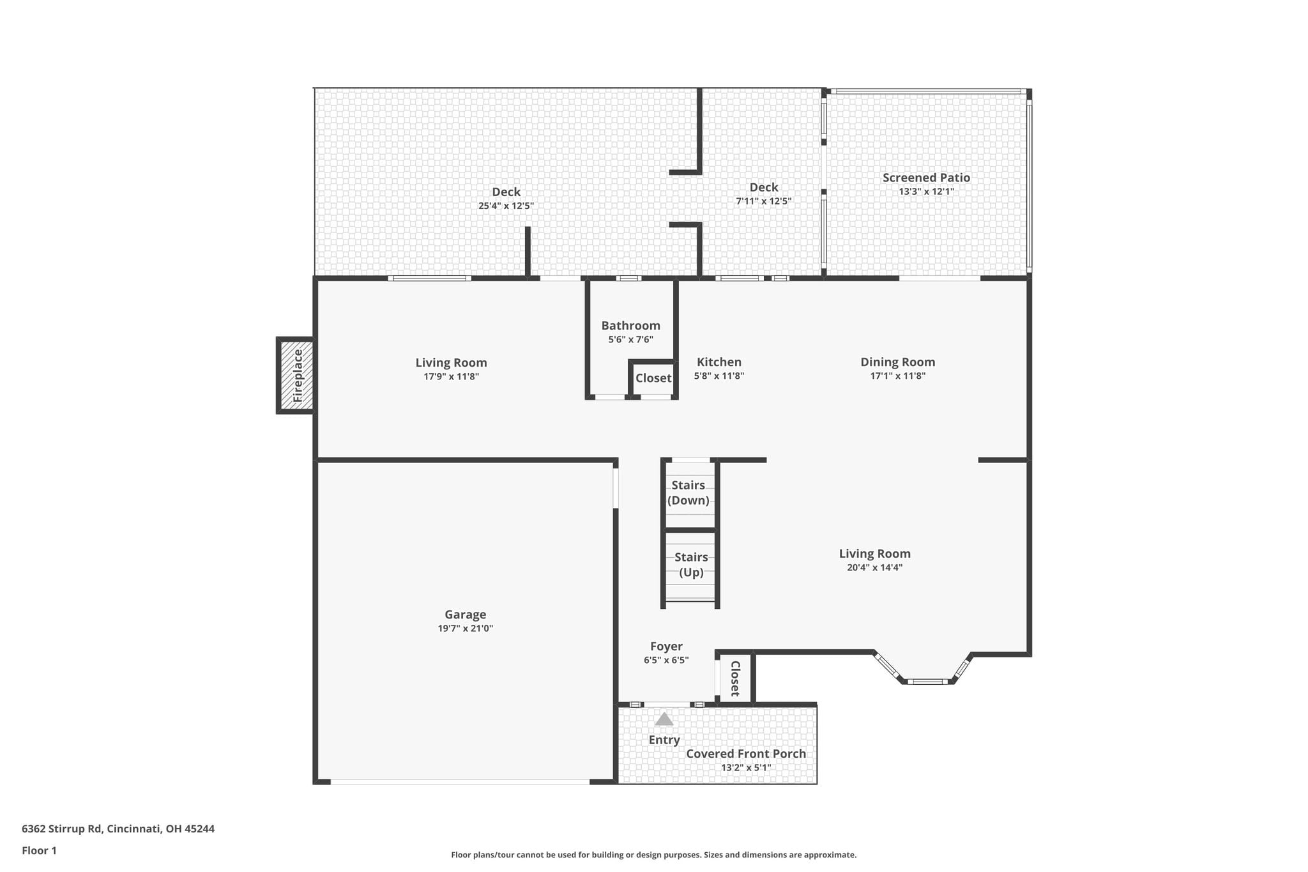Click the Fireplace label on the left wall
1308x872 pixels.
[x=298, y=376]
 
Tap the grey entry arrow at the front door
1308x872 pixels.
[x=664, y=719]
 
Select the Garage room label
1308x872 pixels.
[x=466, y=615]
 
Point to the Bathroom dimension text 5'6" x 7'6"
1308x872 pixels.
[x=631, y=340]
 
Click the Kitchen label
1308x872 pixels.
[x=719, y=362]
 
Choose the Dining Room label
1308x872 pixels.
[x=898, y=362]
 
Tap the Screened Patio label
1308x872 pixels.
[x=927, y=178]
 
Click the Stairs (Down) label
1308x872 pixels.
[x=688, y=493]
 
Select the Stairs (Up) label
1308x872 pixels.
[x=691, y=565]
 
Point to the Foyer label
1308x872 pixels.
[x=666, y=646]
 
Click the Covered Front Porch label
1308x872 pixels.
[x=746, y=754]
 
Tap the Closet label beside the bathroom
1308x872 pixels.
[x=653, y=378]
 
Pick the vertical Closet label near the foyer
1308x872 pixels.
[x=735, y=678]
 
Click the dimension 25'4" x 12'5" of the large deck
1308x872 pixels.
[x=506, y=206]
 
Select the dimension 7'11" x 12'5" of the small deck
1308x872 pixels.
[x=764, y=201]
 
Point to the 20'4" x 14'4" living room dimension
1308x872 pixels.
[x=874, y=567]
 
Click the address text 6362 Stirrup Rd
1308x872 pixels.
[x=62, y=829]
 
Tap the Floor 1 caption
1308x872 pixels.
[x=39, y=851]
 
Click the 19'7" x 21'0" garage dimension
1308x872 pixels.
[x=466, y=629]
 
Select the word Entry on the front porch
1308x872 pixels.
[x=664, y=740]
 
